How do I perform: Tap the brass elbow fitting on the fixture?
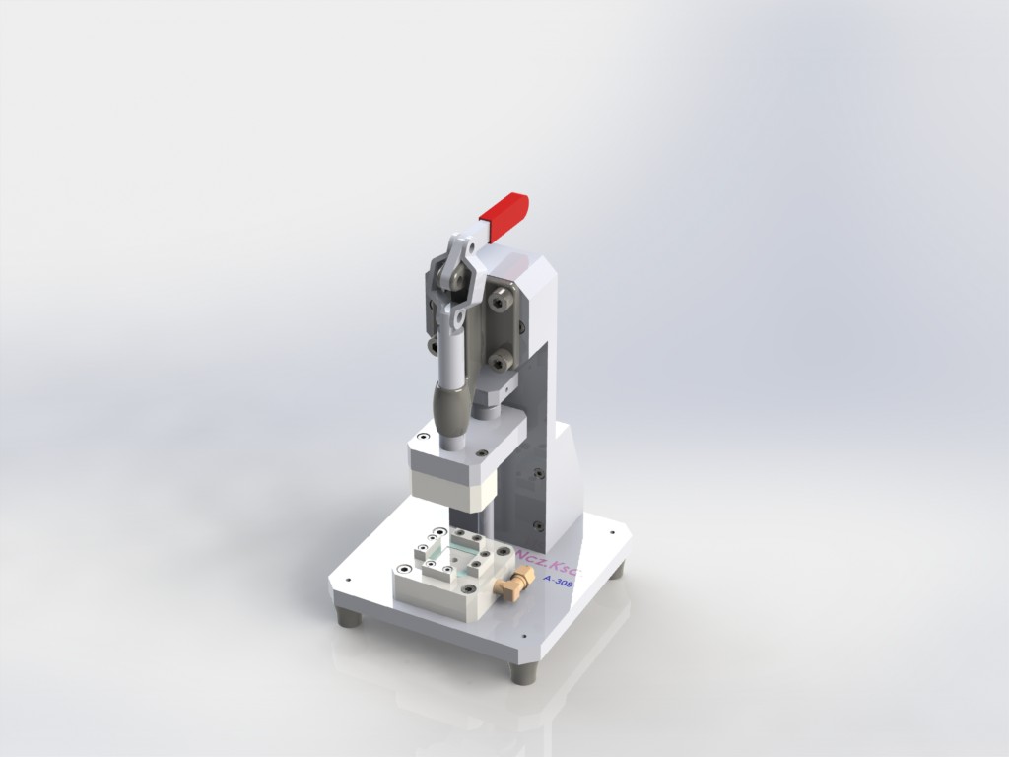point(510,588)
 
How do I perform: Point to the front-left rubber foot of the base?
point(347,617)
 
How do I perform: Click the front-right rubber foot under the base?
point(523,673)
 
